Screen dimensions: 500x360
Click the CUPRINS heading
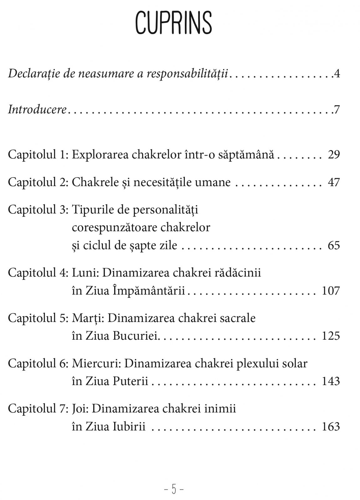pos(173,22)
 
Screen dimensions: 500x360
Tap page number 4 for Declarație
pos(337,74)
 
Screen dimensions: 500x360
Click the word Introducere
pos(37,110)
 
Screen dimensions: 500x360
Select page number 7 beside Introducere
pos(337,110)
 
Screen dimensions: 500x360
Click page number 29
pos(334,155)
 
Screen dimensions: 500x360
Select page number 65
pos(334,245)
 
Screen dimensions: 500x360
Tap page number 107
pos(331,291)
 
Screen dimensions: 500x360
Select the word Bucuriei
pos(136,336)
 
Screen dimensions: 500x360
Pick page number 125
pos(331,336)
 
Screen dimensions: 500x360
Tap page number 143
pos(331,382)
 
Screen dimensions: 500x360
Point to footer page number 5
pos(174,489)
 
